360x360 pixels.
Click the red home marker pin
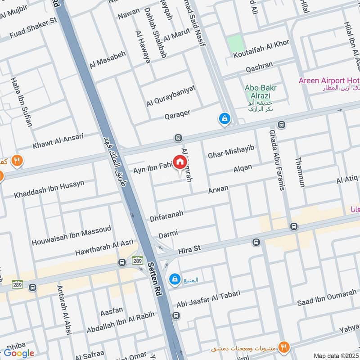tap(180, 162)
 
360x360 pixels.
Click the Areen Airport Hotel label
tap(328, 81)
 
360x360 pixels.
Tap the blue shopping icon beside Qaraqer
tap(224, 119)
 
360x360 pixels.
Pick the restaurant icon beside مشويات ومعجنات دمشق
tap(283, 346)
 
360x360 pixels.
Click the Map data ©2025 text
tap(335, 355)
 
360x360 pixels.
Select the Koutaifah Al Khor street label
tap(261, 55)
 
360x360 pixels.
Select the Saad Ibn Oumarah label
tap(326, 297)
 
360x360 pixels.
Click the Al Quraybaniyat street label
tap(171, 96)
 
